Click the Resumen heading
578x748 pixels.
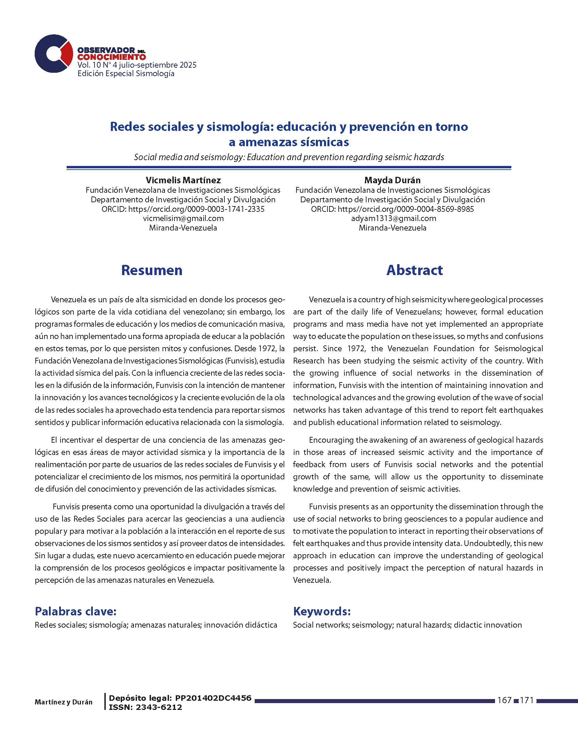tap(152, 270)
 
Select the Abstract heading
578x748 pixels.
tap(414, 270)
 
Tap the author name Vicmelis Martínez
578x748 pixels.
tap(183, 180)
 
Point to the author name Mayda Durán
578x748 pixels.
tap(392, 180)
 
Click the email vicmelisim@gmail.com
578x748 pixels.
tap(183, 218)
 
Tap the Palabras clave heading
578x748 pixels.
tap(76, 611)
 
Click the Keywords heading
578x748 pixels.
tap(322, 611)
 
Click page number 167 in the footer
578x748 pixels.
tap(504, 700)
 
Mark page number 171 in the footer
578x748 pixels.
tap(527, 700)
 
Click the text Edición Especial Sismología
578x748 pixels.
tap(126, 74)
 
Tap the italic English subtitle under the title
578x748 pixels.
tap(289, 157)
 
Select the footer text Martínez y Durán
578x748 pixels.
tap(63, 702)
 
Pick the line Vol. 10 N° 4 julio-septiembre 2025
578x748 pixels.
tap(137, 65)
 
